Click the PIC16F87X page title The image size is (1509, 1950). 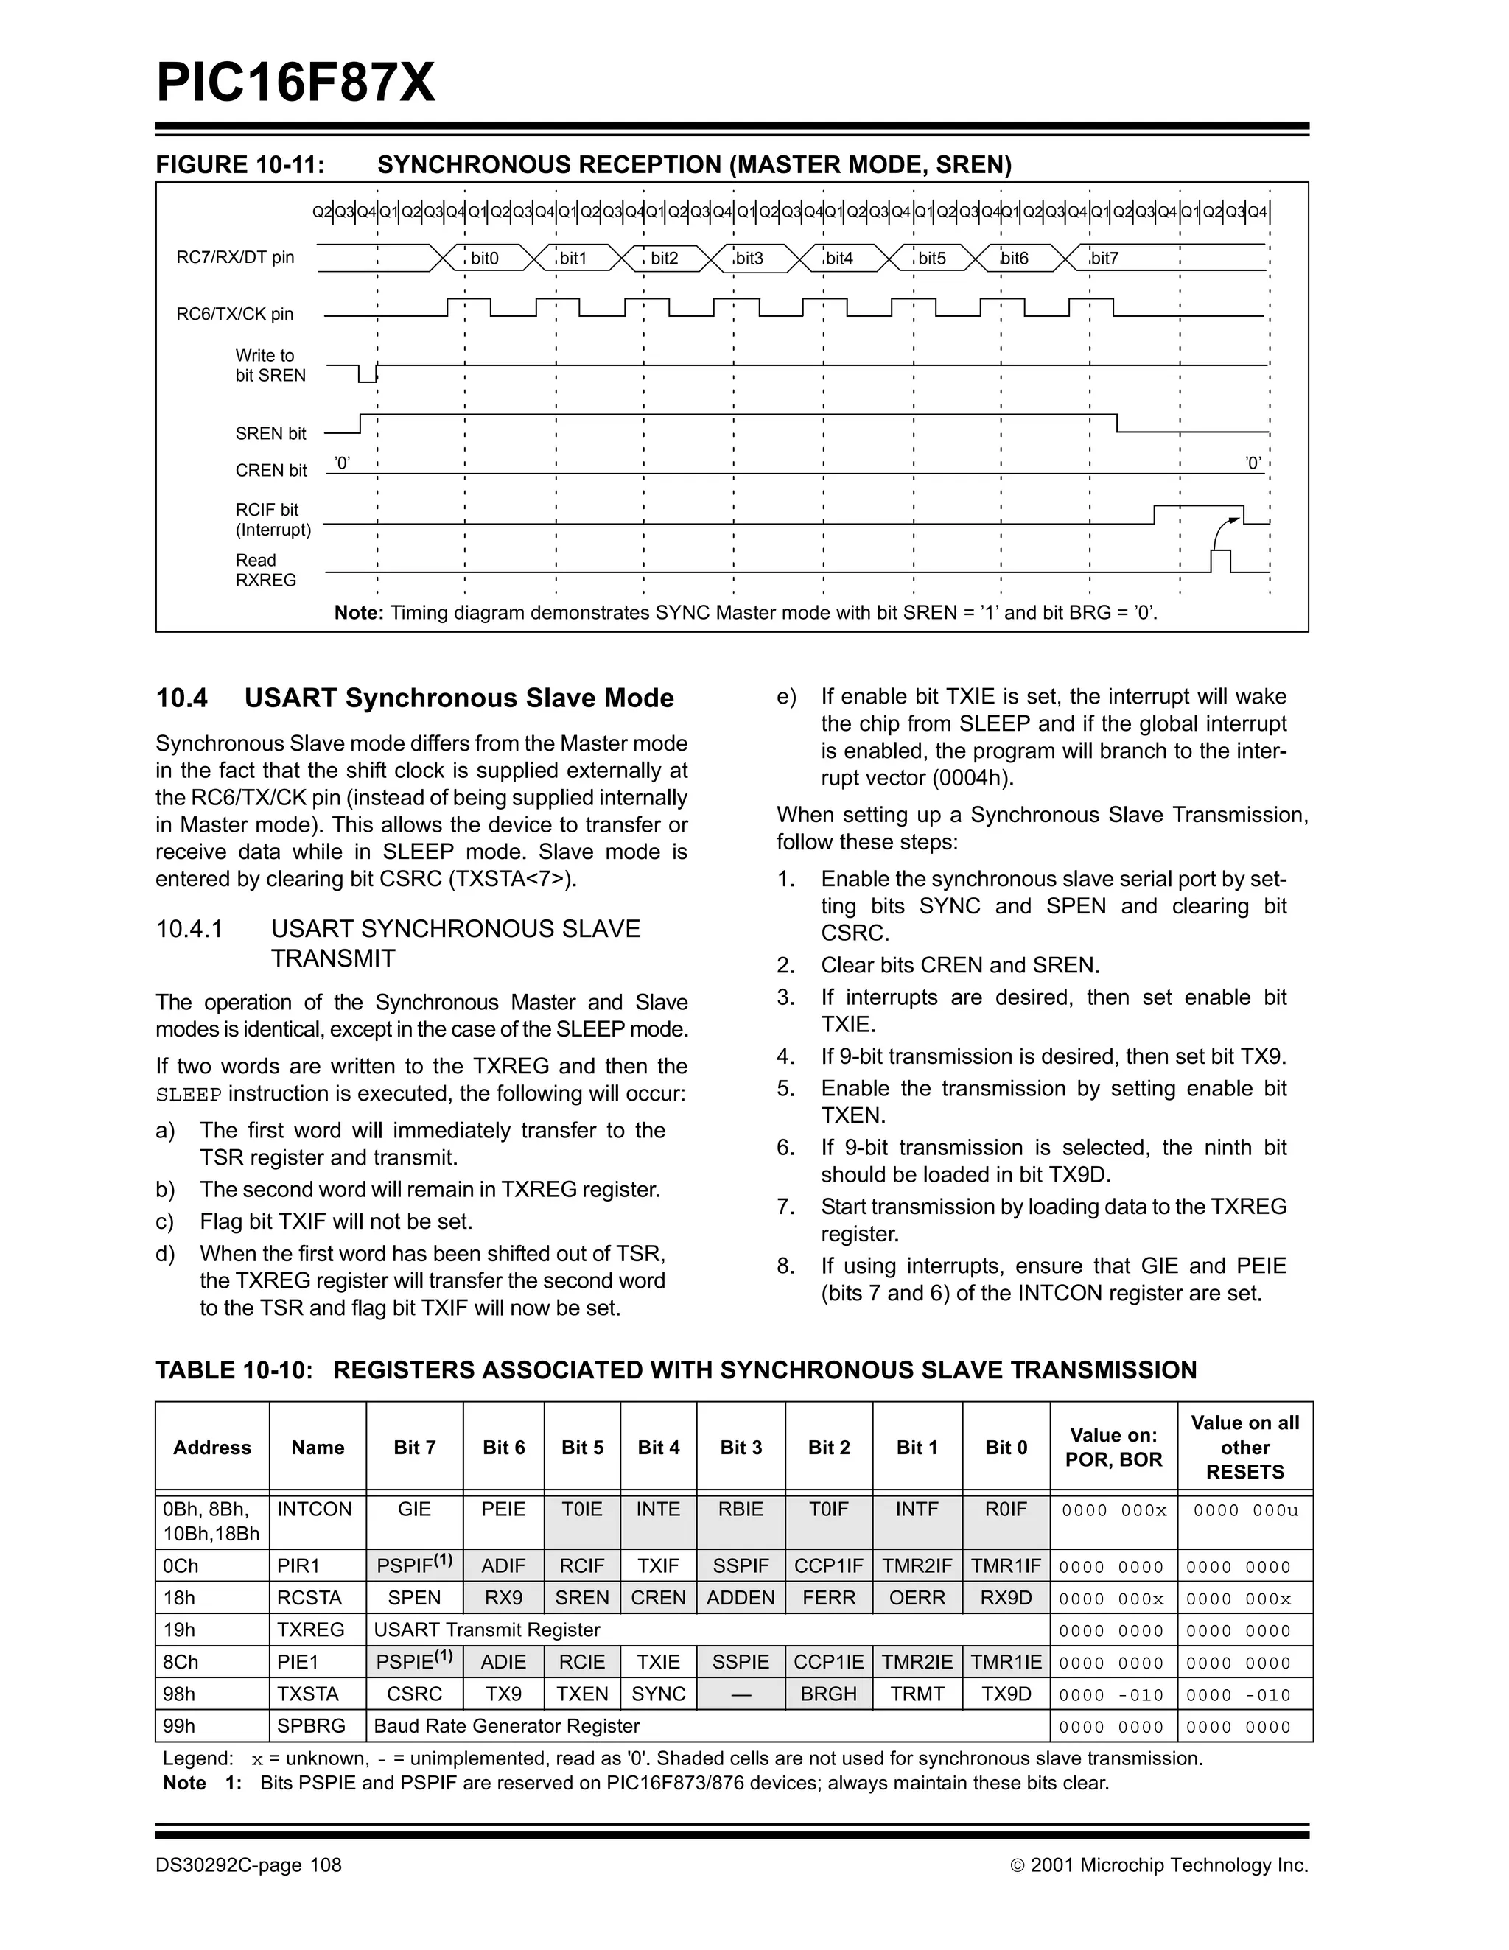pyautogui.click(x=295, y=83)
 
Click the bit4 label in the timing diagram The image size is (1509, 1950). pyautogui.click(x=838, y=259)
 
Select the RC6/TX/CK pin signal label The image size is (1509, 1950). pyautogui.click(x=235, y=313)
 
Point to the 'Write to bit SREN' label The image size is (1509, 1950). pyautogui.click(x=270, y=365)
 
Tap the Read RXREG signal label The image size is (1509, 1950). pyautogui.click(x=265, y=569)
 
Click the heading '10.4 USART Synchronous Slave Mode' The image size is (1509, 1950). pyautogui.click(x=414, y=698)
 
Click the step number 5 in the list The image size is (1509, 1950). pyautogui.click(x=785, y=1088)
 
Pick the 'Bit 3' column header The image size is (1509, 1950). pyautogui.click(x=741, y=1448)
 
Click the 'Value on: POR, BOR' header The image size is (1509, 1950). pyautogui.click(x=1113, y=1448)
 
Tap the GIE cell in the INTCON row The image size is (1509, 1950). pyautogui.click(x=414, y=1509)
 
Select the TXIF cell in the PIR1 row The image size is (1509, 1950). pyautogui.click(x=658, y=1566)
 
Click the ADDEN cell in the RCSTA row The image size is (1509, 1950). pyautogui.click(x=741, y=1597)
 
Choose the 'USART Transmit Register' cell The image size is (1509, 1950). pyautogui.click(x=486, y=1630)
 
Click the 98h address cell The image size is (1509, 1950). pyautogui.click(x=180, y=1694)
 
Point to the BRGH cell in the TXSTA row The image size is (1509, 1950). pyautogui.click(x=829, y=1694)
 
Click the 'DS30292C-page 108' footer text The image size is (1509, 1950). pyautogui.click(x=248, y=1865)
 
